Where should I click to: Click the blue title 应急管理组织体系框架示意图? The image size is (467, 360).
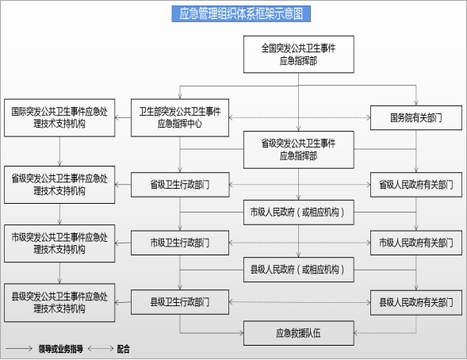tap(241, 13)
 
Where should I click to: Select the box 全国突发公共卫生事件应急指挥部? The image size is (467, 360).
tap(299, 55)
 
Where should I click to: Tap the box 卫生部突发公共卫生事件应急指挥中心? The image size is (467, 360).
tap(180, 118)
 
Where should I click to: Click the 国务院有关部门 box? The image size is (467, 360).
tap(416, 118)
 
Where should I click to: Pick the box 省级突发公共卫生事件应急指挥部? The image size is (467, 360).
tap(299, 150)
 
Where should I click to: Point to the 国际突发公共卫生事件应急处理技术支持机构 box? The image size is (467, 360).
tap(59, 118)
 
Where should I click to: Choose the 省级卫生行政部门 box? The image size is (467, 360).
tap(180, 185)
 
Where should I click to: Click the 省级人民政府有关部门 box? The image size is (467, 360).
tap(416, 185)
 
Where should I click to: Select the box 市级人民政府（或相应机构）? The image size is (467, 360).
tap(299, 213)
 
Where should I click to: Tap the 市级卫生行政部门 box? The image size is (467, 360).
tap(180, 243)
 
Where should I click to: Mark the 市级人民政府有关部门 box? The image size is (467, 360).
tap(416, 243)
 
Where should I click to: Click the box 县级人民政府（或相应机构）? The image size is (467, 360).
tap(299, 270)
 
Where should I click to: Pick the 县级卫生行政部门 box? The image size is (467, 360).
tap(180, 302)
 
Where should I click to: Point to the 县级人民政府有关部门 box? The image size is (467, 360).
tap(416, 303)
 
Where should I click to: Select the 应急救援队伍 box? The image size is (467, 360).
tap(299, 333)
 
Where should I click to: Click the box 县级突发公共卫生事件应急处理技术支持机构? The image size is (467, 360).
tap(59, 303)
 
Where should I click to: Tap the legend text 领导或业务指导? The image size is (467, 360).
tap(61, 349)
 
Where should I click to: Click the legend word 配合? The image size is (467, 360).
tap(124, 349)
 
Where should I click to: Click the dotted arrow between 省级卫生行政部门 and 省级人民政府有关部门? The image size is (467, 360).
tap(300, 185)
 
